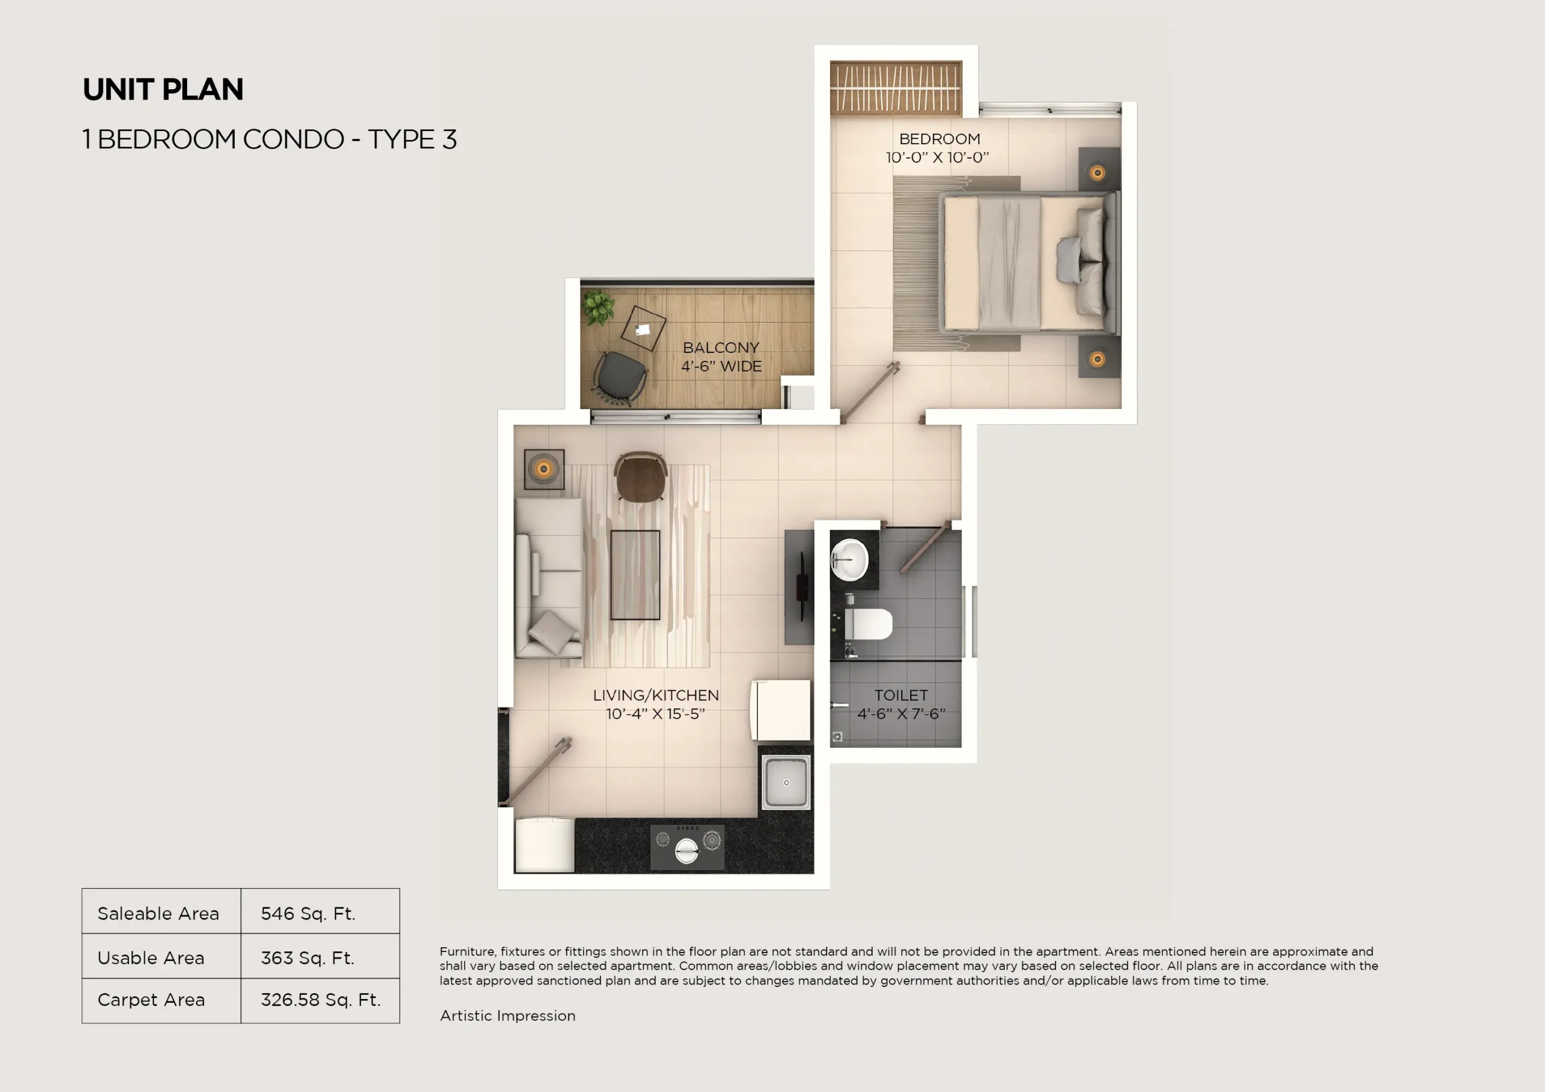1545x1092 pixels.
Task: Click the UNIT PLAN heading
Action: pos(163,89)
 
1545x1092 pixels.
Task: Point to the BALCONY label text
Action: pos(721,348)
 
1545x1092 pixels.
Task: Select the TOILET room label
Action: pos(900,695)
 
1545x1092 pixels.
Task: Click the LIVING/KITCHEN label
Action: pos(655,695)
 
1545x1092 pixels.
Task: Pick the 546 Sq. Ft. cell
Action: pos(308,913)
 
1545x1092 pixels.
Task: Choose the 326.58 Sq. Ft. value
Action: pos(320,1000)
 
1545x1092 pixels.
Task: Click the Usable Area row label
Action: pos(151,957)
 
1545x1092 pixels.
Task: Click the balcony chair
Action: pos(620,378)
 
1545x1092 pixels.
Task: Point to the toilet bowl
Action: pos(868,624)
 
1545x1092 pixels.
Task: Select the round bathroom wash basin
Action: pos(850,559)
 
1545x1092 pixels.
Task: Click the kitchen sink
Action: pos(785,782)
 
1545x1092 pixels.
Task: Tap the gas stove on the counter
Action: pos(687,847)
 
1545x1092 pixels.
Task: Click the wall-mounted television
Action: pos(801,586)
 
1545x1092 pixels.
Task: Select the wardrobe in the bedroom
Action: pos(896,88)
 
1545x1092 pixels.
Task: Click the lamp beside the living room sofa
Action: pos(544,468)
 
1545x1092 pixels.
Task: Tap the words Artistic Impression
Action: pos(508,1015)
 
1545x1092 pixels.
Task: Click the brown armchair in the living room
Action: pos(640,478)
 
